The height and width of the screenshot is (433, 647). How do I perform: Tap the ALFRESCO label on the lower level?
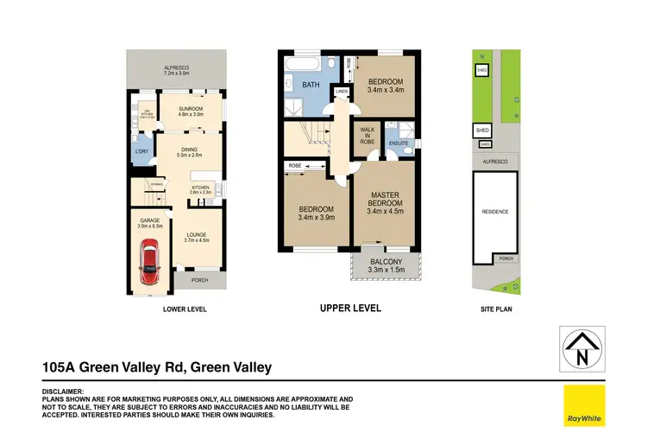177,69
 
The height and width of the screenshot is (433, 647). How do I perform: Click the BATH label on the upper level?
311,85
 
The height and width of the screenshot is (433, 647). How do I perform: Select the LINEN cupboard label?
341,92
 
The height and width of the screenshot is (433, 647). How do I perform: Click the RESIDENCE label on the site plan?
495,212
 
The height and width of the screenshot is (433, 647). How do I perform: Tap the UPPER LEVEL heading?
350,309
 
